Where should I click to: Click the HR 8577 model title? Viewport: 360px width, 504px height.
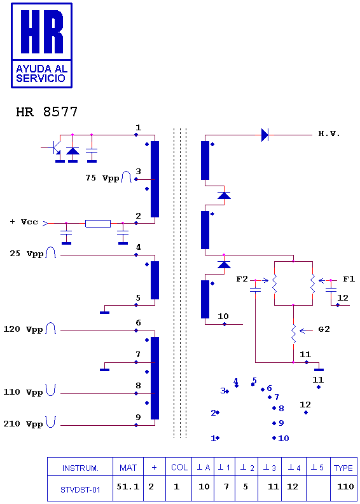[x=46, y=112]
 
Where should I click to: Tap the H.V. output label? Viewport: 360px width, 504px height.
[x=329, y=134]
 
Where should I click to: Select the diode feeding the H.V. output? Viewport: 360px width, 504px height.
[x=265, y=135]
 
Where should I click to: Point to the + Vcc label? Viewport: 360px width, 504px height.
[x=24, y=222]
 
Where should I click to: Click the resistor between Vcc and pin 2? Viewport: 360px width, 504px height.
[x=98, y=223]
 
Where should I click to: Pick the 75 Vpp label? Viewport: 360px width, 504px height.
[x=100, y=177]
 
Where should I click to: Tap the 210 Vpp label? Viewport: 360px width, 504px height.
[x=23, y=425]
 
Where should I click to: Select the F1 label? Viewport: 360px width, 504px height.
[x=349, y=279]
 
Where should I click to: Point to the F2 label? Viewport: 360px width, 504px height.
[x=243, y=279]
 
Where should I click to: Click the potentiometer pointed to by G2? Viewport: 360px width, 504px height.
[x=293, y=334]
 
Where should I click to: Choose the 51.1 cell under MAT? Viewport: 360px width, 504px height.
[x=128, y=486]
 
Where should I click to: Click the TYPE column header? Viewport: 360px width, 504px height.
[x=343, y=468]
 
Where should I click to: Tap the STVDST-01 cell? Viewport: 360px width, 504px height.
[x=80, y=490]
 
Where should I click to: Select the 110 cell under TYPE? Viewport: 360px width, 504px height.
[x=345, y=487]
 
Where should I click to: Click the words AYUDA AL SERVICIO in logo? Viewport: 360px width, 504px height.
[x=41, y=73]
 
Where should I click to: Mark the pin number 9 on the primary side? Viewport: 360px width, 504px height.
[x=138, y=417]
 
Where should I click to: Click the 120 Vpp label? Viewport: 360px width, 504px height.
[x=23, y=329]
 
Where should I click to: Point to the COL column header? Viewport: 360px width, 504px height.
[x=179, y=468]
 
